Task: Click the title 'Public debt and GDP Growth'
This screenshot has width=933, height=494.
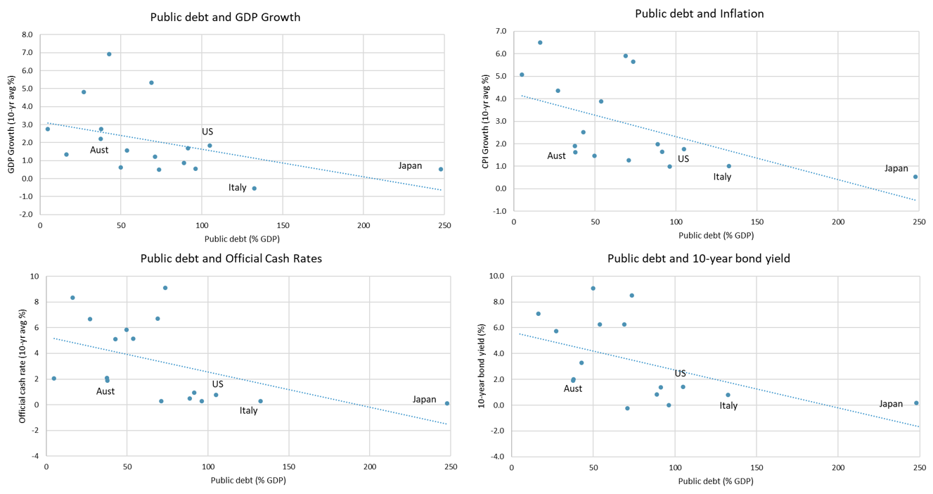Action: (225, 17)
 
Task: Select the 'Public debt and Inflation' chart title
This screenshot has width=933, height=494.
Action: (699, 13)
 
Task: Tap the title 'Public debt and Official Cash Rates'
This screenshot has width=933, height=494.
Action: (231, 258)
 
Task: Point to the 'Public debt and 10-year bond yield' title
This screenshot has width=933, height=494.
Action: (698, 258)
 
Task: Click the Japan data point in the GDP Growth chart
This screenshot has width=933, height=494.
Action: (441, 169)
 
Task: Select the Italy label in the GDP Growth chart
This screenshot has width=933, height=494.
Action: (238, 187)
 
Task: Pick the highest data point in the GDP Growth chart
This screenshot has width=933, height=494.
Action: (109, 54)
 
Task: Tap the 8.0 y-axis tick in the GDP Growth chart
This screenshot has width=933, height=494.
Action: (27, 34)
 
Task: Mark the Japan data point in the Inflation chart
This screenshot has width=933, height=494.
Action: (915, 177)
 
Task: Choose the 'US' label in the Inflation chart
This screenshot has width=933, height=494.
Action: (683, 159)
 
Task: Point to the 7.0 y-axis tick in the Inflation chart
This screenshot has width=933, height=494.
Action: (501, 32)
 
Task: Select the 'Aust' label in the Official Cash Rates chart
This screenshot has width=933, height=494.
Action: (105, 391)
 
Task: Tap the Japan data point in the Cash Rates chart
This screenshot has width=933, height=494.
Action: (447, 403)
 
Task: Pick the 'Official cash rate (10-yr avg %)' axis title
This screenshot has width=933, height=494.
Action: (22, 366)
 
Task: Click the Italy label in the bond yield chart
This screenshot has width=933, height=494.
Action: (728, 405)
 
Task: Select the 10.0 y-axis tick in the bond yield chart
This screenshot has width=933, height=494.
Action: (496, 277)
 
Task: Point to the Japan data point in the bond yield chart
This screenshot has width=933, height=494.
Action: (916, 403)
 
